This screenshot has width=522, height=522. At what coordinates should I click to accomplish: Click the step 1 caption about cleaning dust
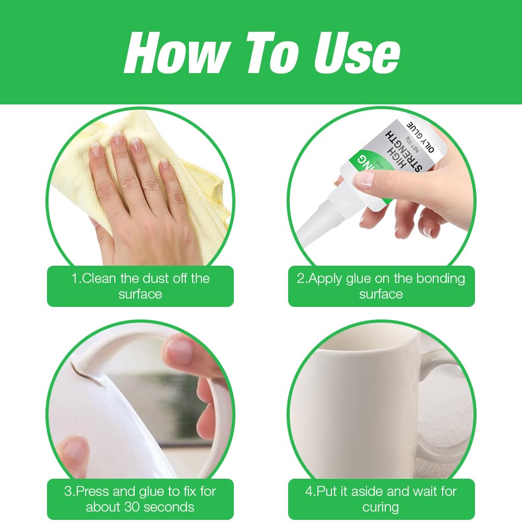click(140, 286)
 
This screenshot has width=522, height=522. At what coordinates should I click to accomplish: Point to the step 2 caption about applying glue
click(381, 286)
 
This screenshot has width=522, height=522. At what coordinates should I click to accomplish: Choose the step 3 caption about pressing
click(140, 499)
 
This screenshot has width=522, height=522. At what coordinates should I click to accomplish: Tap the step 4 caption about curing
click(381, 499)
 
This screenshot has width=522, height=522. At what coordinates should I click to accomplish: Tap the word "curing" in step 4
click(381, 507)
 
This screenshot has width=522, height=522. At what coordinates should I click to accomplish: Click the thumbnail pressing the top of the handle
click(180, 351)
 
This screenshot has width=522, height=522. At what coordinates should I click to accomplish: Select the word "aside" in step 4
click(368, 491)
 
